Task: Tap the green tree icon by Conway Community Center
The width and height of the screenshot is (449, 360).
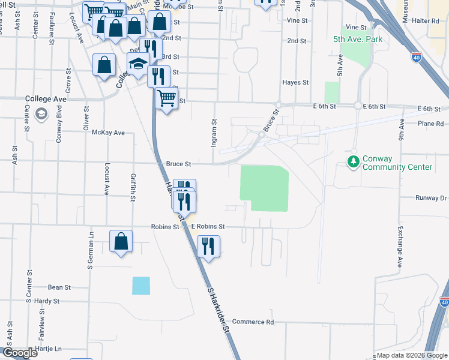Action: [354, 161]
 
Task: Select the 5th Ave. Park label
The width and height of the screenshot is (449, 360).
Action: [358, 39]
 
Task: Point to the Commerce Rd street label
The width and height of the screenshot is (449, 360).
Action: [253, 322]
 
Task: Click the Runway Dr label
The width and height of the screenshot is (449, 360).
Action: [431, 197]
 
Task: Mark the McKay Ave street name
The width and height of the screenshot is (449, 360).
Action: [108, 133]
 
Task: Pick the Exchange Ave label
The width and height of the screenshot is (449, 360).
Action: [400, 247]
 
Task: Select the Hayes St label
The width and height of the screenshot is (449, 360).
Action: [296, 82]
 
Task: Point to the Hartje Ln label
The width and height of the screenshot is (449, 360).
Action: [49, 349]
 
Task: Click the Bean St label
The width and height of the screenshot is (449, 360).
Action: [59, 287]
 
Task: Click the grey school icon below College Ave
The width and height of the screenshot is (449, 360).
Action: [41, 114]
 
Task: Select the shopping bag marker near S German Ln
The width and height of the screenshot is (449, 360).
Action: [121, 241]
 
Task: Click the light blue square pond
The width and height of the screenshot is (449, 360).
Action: [141, 286]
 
